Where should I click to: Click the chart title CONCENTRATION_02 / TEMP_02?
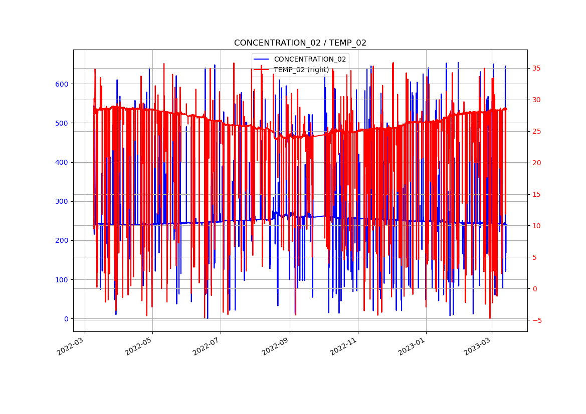(300, 43)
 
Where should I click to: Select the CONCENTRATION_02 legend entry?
(310, 59)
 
